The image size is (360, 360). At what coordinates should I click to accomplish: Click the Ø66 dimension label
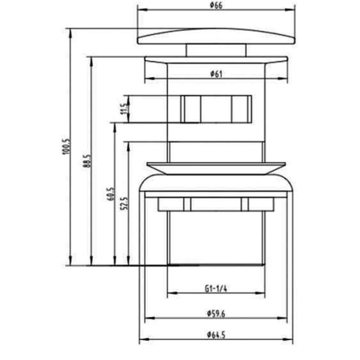tap(216, 5)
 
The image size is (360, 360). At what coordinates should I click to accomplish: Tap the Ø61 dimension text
tap(216, 75)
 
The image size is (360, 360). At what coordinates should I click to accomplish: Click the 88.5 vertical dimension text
tap(87, 161)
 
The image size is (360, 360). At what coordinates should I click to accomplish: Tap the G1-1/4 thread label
tap(216, 288)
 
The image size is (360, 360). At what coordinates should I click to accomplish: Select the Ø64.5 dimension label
tap(216, 334)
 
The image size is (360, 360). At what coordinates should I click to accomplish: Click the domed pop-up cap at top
tap(216, 36)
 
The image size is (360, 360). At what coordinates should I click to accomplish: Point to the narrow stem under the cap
tap(216, 50)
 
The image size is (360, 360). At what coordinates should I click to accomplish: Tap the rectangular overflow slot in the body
tap(216, 108)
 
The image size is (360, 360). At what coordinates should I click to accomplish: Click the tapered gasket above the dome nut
tap(216, 168)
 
